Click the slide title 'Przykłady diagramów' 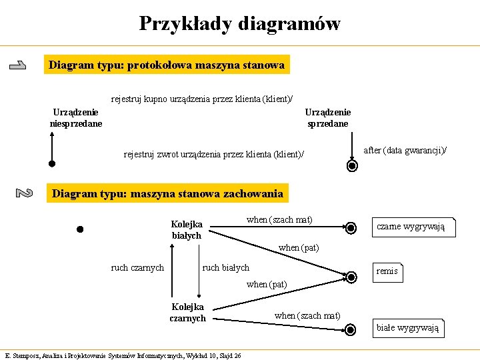(240, 24)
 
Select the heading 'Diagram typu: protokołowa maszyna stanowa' (167, 65)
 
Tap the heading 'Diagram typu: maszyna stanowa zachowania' (167, 194)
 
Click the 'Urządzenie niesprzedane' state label (76, 118)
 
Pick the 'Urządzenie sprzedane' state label (327, 118)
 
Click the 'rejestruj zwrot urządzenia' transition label (213, 155)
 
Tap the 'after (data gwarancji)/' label (405, 151)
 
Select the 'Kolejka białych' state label (187, 230)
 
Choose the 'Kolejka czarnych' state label (187, 313)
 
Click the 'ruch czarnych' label (137, 268)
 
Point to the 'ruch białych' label (225, 268)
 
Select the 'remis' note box (387, 271)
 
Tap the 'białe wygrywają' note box (407, 327)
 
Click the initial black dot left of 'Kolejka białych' (79, 230)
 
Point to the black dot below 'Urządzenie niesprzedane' (51, 163)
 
